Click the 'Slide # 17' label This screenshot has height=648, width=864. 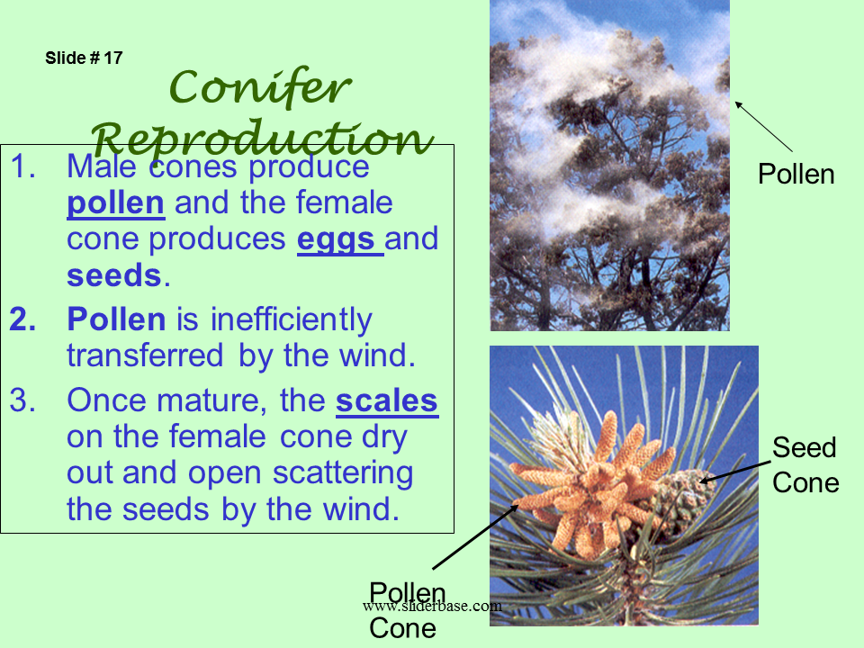click(x=84, y=58)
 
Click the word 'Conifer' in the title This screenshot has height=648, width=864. click(x=259, y=86)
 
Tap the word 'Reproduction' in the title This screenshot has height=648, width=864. click(x=262, y=139)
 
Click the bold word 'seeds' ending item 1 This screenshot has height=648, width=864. click(x=114, y=275)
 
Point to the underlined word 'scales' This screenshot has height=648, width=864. click(x=387, y=400)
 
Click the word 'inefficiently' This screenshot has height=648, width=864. click(x=292, y=319)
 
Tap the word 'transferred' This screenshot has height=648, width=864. click(x=145, y=355)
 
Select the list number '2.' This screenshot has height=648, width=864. click(x=23, y=319)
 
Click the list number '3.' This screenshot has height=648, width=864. click(x=23, y=400)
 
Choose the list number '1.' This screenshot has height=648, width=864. click(x=23, y=166)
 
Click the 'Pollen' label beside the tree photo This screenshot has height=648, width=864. click(x=796, y=174)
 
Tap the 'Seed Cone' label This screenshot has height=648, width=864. click(x=805, y=465)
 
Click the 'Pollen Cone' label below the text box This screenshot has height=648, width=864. click(x=407, y=610)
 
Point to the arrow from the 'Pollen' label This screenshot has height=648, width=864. click(x=764, y=126)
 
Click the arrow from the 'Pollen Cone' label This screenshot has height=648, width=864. click(x=475, y=536)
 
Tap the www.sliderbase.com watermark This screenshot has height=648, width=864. click(x=433, y=606)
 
